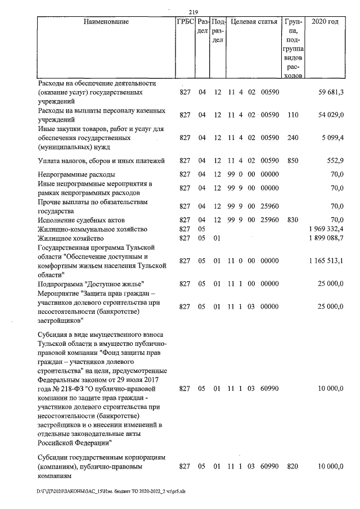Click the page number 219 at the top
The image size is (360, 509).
(193, 13)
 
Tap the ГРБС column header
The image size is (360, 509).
(184, 22)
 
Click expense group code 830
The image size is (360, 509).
(292, 220)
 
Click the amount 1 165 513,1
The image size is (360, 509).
(326, 261)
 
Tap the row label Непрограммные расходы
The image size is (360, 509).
(76, 175)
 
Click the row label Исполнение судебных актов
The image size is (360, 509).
(85, 220)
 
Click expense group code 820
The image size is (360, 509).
(292, 466)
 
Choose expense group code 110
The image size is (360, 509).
(292, 115)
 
